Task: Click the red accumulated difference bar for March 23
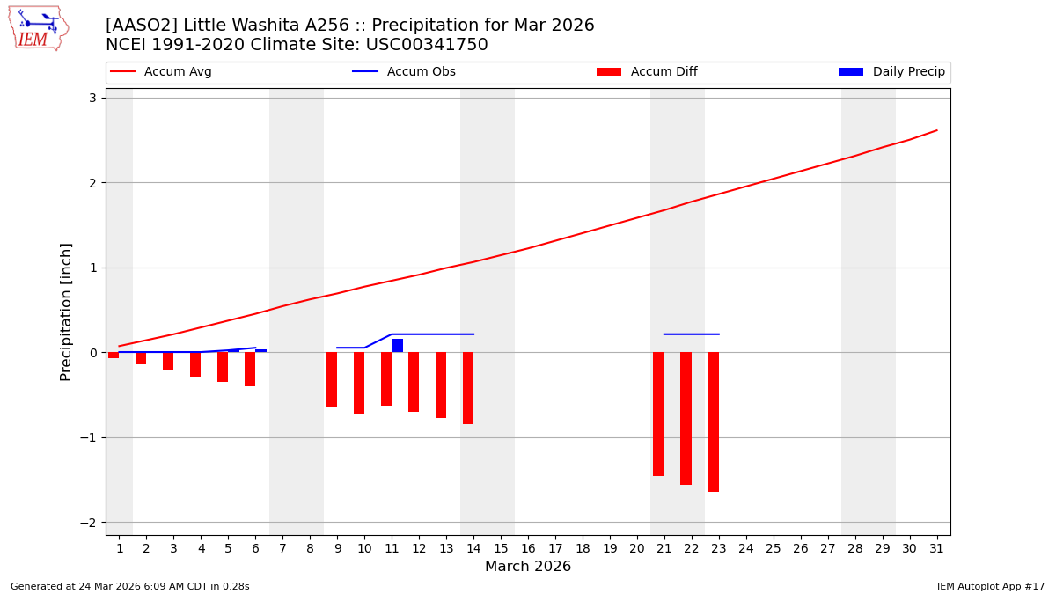coord(713,422)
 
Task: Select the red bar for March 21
coord(658,414)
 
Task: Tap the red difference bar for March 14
coord(468,388)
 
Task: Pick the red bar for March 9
coord(332,379)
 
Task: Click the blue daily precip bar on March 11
coord(397,345)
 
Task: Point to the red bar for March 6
coord(250,369)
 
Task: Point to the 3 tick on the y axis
coord(92,98)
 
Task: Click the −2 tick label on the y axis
coord(88,523)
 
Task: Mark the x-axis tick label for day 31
coord(936,549)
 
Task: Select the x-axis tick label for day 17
coord(555,549)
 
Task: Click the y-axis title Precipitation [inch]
coord(66,312)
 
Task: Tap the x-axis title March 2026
coord(528,567)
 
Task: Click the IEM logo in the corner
coord(38,28)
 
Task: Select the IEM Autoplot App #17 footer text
coord(991,586)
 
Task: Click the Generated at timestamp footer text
coord(130,586)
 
